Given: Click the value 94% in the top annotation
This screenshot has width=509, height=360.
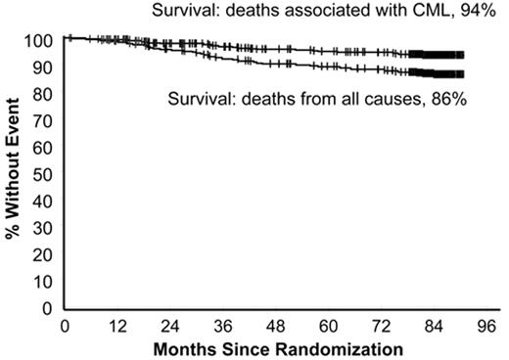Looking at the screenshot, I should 483,12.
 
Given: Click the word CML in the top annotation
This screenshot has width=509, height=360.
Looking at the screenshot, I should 438,12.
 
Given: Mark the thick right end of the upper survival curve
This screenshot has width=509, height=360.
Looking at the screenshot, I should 438,55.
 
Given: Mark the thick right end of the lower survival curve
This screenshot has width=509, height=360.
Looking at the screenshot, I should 438,74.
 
